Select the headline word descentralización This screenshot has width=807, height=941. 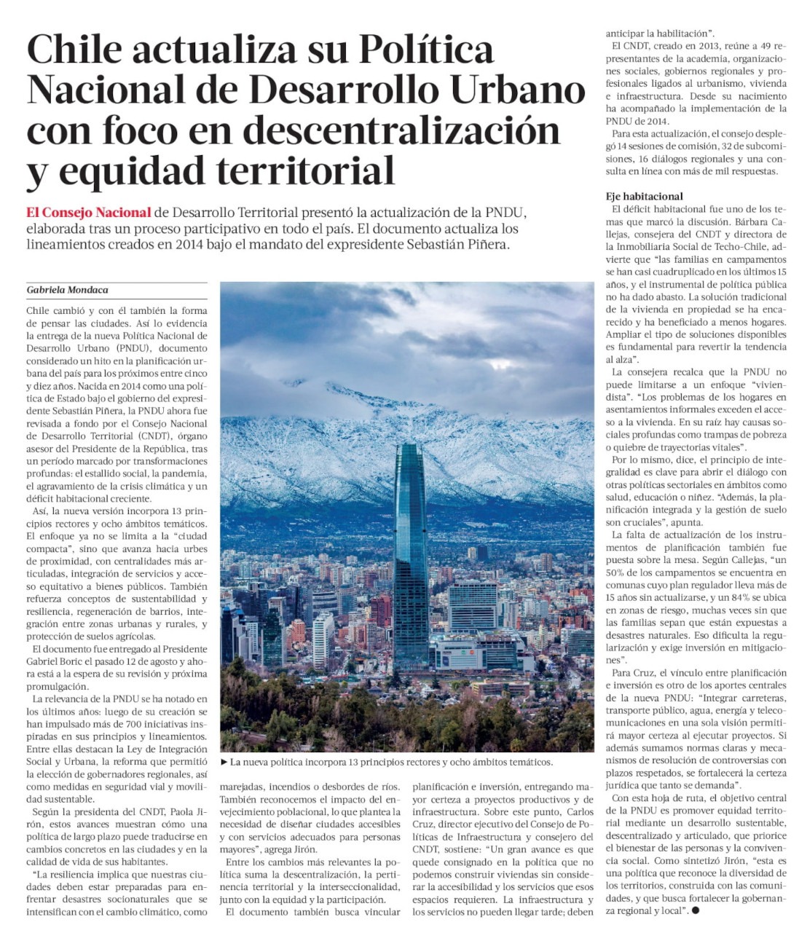(401, 131)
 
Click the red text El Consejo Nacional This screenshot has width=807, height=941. (88, 213)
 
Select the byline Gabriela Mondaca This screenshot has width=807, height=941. (67, 290)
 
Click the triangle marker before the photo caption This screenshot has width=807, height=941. (224, 762)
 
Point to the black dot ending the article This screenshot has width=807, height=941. (696, 910)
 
